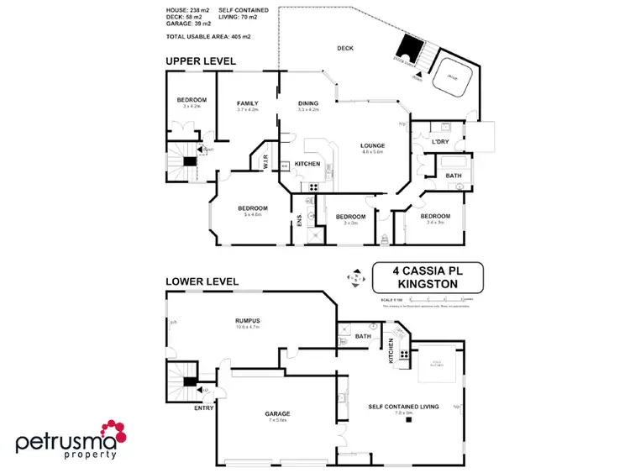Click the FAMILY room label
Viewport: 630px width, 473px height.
[x=247, y=103]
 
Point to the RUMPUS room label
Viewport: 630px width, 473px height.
[x=247, y=320]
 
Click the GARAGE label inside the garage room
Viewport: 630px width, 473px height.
[x=277, y=414]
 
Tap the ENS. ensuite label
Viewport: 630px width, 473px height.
[x=298, y=222]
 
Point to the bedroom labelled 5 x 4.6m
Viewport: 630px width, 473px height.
[x=252, y=208]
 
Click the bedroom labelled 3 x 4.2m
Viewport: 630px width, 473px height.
[x=192, y=101]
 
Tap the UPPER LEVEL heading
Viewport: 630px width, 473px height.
[x=201, y=61]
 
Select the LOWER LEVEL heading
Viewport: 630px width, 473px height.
[x=202, y=281]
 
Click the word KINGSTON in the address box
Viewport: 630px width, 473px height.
[x=428, y=285]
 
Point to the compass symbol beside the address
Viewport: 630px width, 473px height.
[x=356, y=278]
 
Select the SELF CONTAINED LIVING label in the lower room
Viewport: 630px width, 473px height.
[x=403, y=407]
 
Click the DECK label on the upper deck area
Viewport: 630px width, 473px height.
[x=345, y=49]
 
